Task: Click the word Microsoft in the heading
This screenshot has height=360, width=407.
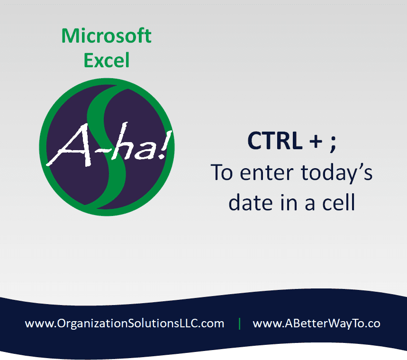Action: (x=106, y=36)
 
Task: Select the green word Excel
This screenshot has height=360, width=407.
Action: (x=107, y=60)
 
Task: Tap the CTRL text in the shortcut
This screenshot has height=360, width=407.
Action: (x=275, y=140)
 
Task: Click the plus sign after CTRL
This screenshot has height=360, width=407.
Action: (x=316, y=142)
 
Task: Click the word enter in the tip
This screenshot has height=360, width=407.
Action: (x=267, y=173)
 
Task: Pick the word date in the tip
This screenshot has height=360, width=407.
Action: (x=251, y=203)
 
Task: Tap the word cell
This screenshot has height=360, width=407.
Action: (x=338, y=202)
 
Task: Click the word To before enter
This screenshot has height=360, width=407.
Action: (x=222, y=172)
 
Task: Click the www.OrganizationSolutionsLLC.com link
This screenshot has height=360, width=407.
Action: (x=125, y=324)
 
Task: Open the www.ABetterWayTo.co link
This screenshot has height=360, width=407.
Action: (x=317, y=324)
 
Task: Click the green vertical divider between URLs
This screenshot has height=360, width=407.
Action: (x=239, y=324)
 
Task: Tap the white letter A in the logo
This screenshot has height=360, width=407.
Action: (x=71, y=145)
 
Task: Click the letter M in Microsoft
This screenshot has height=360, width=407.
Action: (x=71, y=36)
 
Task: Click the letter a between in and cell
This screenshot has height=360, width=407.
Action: (x=310, y=204)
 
